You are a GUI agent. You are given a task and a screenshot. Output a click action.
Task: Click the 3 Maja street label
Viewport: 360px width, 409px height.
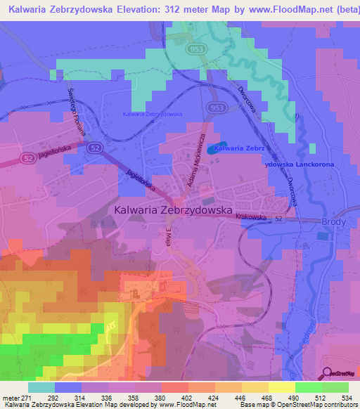pyautogui.click(x=169, y=238)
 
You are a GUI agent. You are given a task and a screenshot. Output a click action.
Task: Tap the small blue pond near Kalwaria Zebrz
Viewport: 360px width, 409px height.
pyautogui.click(x=212, y=149)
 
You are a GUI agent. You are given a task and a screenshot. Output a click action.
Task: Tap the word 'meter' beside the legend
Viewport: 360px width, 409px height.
pyautogui.click(x=9, y=397)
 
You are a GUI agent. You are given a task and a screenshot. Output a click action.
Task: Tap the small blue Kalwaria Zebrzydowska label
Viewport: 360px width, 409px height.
pyautogui.click(x=153, y=114)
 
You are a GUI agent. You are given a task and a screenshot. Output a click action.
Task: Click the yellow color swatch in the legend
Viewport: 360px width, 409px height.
pyautogui.click(x=281, y=387)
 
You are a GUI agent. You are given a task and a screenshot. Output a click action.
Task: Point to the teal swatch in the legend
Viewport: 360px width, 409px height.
pyautogui.click(x=41, y=387)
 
